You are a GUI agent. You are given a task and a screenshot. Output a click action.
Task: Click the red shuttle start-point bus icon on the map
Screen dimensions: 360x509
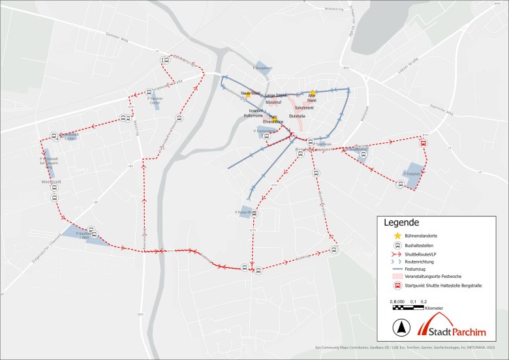click(423, 144)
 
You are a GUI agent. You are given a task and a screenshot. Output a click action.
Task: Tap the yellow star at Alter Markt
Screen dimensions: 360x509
click(313, 93)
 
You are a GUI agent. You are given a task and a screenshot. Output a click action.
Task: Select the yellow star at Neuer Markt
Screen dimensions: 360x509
click(249, 93)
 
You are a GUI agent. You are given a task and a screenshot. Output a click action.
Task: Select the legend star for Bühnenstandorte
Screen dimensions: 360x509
click(396, 235)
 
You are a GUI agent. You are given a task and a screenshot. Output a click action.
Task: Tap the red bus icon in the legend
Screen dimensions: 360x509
click(396, 286)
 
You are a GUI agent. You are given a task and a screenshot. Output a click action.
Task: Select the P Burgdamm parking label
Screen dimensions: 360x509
click(262, 68)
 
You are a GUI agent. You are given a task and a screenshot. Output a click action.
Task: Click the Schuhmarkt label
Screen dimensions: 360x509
click(303, 108)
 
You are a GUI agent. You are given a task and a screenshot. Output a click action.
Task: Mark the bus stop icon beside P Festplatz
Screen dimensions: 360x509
click(399, 184)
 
